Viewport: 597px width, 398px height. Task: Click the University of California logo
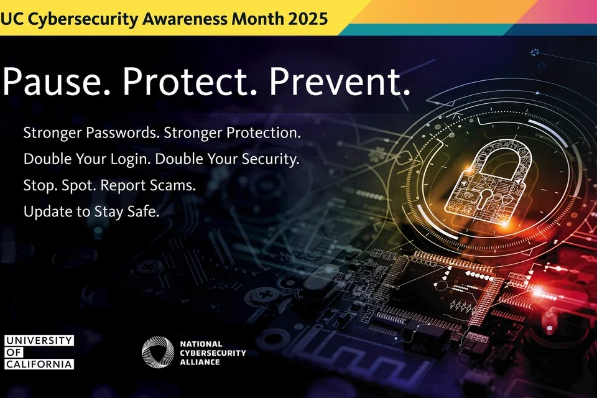coord(39,352)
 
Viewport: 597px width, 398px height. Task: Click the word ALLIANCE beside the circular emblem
coord(200,362)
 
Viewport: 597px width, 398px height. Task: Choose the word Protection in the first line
coord(264,133)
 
